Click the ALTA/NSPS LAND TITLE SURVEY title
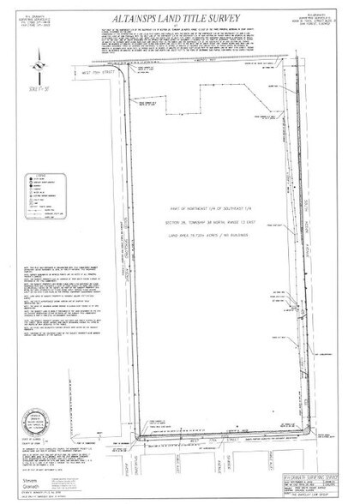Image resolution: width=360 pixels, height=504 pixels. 180,16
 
